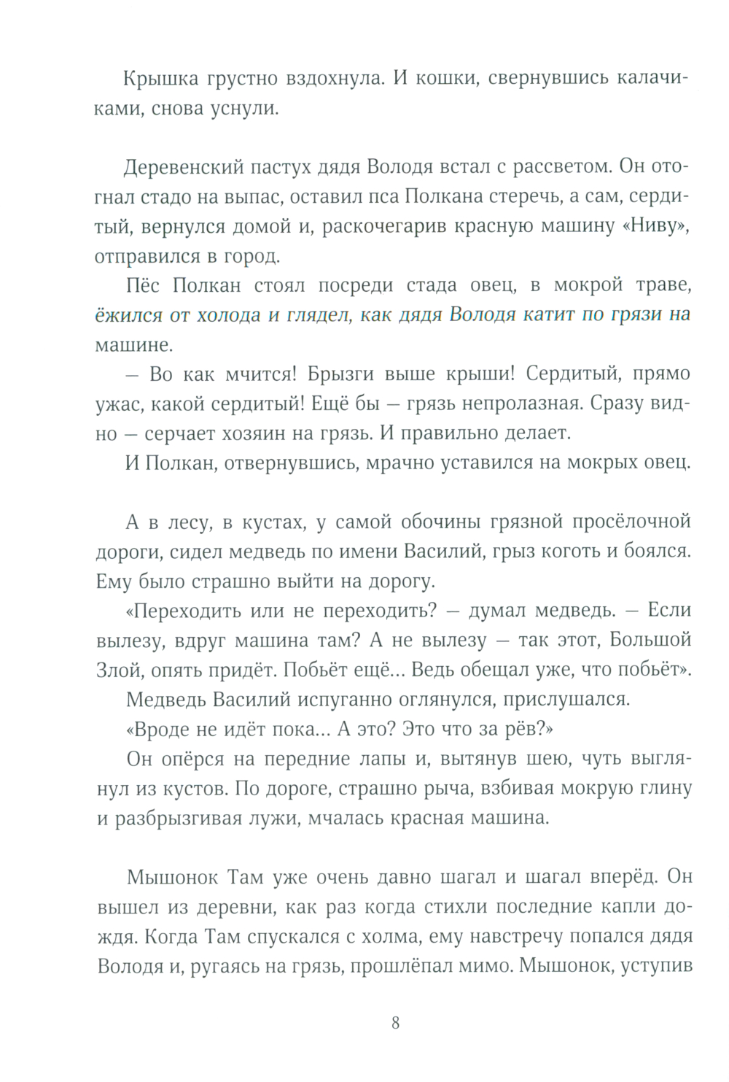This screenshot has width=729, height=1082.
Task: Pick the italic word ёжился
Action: [x=125, y=316]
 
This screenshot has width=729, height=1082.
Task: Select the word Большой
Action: [x=651, y=641]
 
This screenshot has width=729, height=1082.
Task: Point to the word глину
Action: [x=664, y=789]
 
